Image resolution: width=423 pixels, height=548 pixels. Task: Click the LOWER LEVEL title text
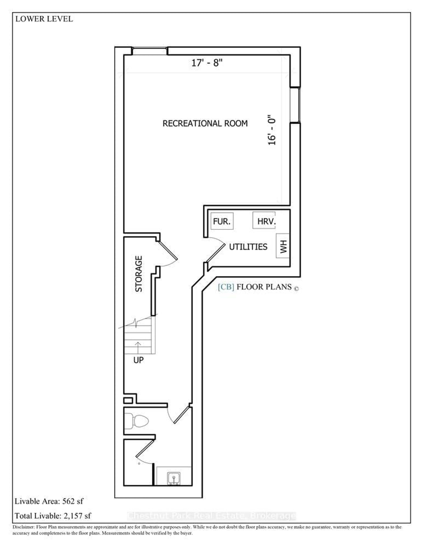coord(44,19)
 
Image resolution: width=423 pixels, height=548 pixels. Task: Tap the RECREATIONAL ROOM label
coord(205,123)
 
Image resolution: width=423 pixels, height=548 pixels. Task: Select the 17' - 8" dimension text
coord(207,63)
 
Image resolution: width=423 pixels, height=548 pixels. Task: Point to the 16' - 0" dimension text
coord(272,130)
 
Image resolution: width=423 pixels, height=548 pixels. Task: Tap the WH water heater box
coord(283,246)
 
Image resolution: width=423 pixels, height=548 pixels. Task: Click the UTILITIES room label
coord(248,247)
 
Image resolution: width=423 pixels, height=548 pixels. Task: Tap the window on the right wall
coord(295,105)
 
